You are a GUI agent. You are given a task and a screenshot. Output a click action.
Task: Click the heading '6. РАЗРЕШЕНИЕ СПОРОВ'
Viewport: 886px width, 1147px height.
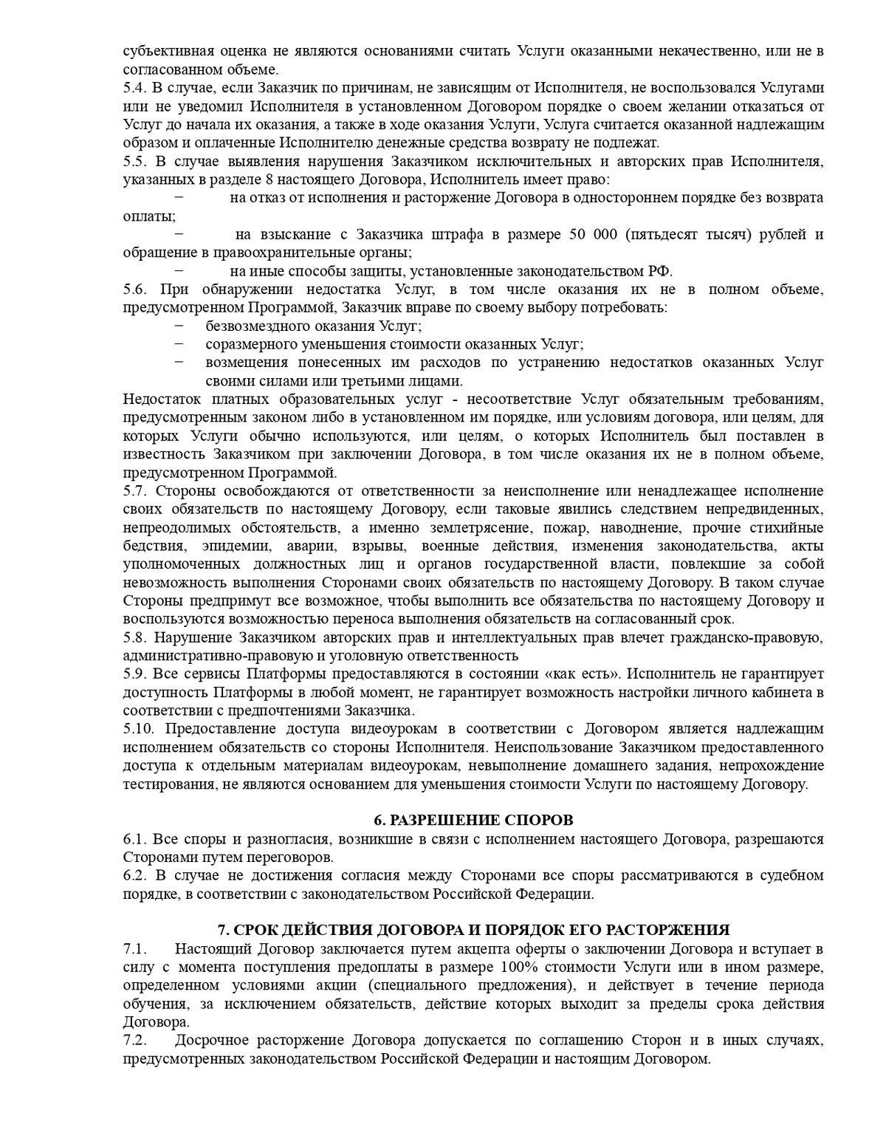[x=473, y=821]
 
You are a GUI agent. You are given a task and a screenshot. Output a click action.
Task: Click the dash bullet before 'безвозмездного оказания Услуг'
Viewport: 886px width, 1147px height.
[x=179, y=326]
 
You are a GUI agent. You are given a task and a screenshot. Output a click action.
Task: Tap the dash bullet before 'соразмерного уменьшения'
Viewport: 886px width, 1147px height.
[x=179, y=344]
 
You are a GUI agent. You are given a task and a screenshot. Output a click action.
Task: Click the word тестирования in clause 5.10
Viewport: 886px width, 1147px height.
[x=168, y=784]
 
